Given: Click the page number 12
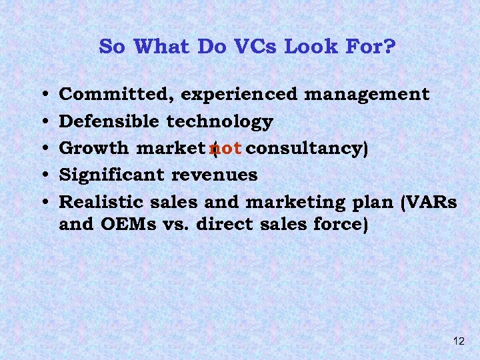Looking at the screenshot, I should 458,341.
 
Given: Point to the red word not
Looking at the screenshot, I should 225,148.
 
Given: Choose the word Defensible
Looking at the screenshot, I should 109,121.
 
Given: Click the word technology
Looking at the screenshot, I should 219,121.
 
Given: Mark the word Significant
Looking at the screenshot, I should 113,175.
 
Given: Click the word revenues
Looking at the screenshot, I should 215,175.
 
